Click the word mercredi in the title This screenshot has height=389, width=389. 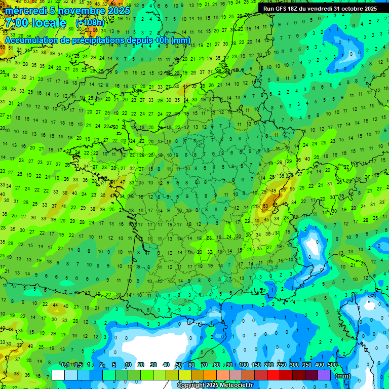[26, 11]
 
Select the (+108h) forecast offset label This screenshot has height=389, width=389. [90, 23]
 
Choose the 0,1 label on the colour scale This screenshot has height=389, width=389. [65, 365]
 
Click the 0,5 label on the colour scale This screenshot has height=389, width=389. [78, 365]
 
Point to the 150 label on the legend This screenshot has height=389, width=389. [256, 365]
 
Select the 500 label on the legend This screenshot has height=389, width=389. [332, 365]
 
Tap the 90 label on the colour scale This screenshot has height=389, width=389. [229, 365]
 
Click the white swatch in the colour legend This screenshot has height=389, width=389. [58, 375]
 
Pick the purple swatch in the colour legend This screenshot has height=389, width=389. [324, 375]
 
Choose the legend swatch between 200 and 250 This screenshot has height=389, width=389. [274, 375]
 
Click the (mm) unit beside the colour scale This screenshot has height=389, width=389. [343, 376]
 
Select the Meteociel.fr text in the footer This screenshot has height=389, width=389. [237, 385]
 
